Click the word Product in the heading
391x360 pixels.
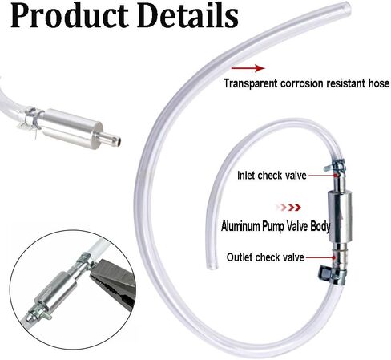(x=70, y=15)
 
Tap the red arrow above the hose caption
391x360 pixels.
(x=248, y=68)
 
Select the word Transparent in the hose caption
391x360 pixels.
(x=251, y=83)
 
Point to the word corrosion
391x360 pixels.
(x=302, y=83)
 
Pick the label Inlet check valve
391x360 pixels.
(x=272, y=176)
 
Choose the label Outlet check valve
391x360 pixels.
(x=265, y=257)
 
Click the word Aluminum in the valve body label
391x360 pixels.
(x=240, y=226)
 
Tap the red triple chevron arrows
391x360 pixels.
(x=289, y=207)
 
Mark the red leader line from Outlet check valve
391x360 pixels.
(x=320, y=257)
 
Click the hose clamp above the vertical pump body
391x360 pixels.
(x=335, y=166)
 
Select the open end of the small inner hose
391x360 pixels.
(x=212, y=266)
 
